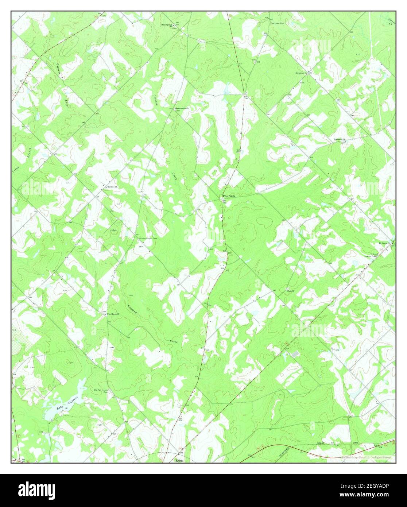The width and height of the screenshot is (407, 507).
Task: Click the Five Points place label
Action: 229,196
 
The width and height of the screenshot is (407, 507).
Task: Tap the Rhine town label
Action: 179,460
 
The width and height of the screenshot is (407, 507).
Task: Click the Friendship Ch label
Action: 340,140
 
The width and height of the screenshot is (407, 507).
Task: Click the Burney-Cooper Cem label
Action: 148,239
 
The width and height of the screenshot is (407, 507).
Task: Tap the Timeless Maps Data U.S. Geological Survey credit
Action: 366,457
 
